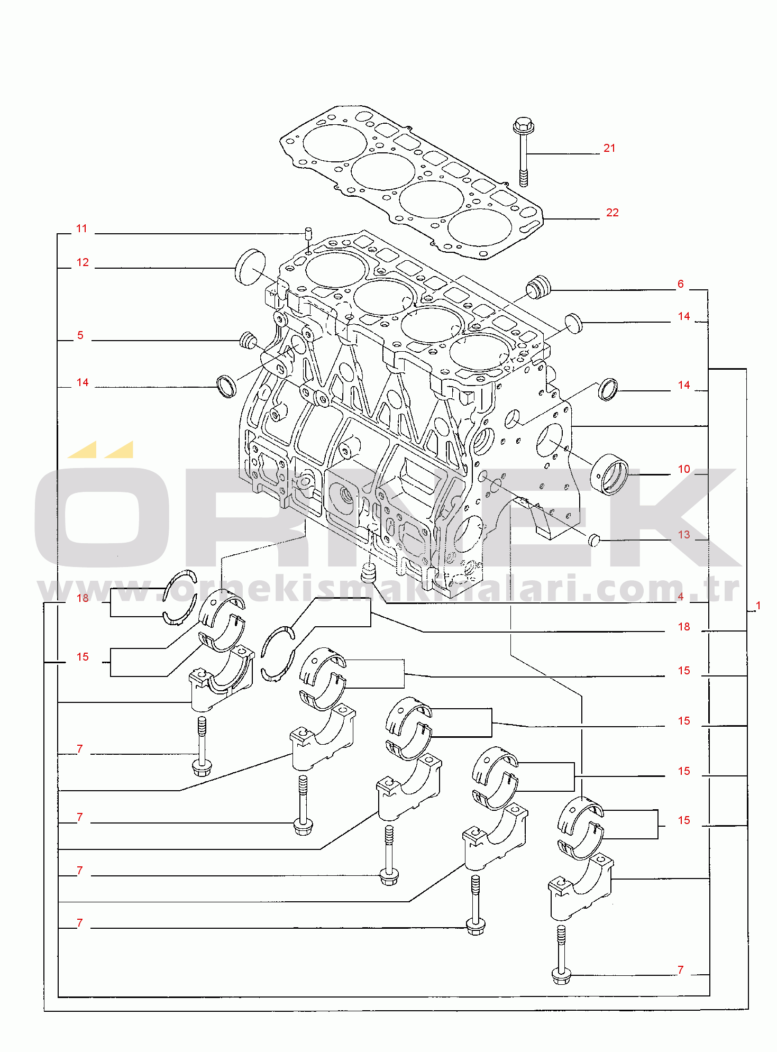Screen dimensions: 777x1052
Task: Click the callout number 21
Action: (x=609, y=148)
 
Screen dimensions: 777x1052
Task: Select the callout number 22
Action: (x=612, y=213)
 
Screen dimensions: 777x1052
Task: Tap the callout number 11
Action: (x=81, y=228)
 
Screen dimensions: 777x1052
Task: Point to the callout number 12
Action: (x=83, y=262)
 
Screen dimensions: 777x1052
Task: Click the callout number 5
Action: (x=80, y=335)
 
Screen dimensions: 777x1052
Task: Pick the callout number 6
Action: (x=681, y=284)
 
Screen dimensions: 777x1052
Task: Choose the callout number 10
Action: (x=684, y=469)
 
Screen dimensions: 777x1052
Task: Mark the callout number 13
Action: (x=684, y=535)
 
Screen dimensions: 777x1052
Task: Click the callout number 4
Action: (x=681, y=597)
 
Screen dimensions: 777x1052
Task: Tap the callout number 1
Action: (x=758, y=606)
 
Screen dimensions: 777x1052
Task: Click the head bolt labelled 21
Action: (x=524, y=152)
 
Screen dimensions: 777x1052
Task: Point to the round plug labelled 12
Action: (x=250, y=268)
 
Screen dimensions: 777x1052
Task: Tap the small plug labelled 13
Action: (x=595, y=540)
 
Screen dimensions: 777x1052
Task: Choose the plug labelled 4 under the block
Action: (x=368, y=573)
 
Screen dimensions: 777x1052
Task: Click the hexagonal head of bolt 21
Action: (x=524, y=125)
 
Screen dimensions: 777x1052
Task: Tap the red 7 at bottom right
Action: (x=681, y=970)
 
